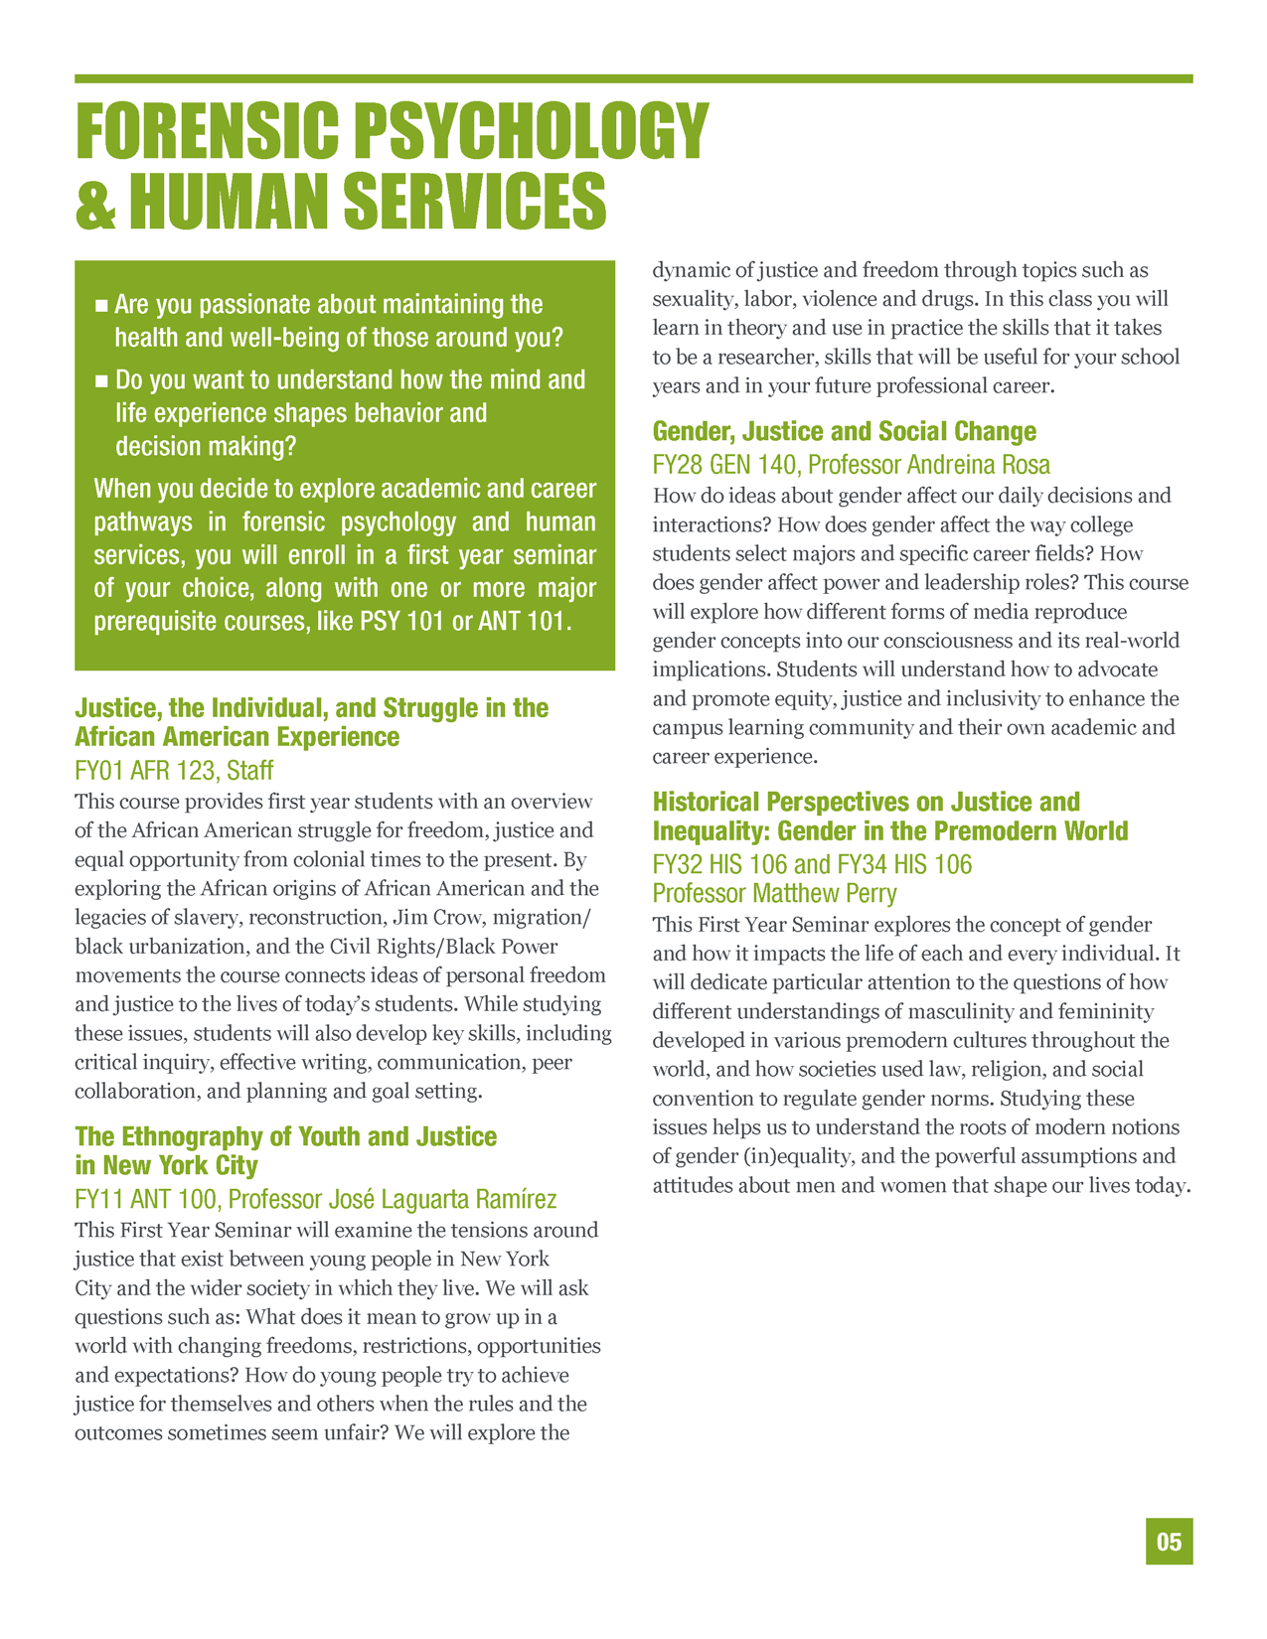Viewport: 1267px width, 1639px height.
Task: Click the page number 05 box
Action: (x=1169, y=1541)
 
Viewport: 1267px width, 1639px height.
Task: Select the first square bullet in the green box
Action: (x=100, y=305)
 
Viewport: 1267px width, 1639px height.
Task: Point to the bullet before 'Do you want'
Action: (x=100, y=380)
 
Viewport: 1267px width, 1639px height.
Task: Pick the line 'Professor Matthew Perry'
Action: (x=774, y=894)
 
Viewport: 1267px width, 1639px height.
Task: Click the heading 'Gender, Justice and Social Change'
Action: (x=844, y=432)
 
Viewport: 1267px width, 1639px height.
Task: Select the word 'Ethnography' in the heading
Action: (x=193, y=1136)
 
